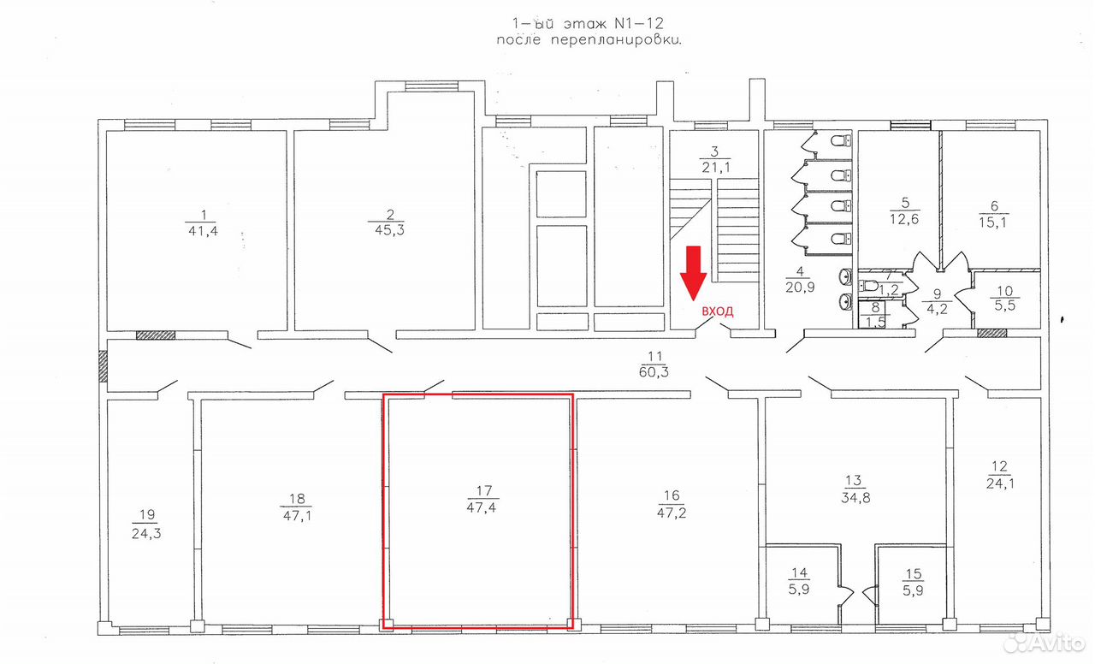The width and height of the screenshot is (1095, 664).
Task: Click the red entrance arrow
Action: [x=693, y=272]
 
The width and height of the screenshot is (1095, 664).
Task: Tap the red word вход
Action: [x=718, y=311]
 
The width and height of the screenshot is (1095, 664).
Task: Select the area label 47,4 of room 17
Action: [x=481, y=507]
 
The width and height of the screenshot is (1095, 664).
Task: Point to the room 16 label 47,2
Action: [x=672, y=513]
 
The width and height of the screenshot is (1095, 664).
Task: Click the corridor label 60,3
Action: [x=654, y=372]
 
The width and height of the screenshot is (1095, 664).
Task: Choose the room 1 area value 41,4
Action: [x=203, y=231]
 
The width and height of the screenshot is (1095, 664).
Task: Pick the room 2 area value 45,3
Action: [x=389, y=230]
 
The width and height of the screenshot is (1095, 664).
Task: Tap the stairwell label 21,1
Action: [x=716, y=168]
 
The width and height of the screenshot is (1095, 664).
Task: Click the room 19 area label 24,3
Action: [x=146, y=533]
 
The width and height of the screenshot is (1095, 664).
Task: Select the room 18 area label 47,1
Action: [x=297, y=515]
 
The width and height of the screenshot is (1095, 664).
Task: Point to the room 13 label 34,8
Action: [x=855, y=498]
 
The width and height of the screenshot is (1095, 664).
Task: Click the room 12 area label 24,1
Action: [x=1000, y=484]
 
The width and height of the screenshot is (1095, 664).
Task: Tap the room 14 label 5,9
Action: [x=799, y=590]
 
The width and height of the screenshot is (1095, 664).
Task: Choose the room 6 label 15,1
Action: [x=992, y=222]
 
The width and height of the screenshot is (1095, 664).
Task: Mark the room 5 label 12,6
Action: [x=904, y=219]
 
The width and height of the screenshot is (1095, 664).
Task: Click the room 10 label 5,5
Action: [x=1004, y=306]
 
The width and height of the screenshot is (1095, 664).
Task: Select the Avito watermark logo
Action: [x=1044, y=643]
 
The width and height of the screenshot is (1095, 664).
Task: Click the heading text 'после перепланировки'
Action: [x=589, y=40]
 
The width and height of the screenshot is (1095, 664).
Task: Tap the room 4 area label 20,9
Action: [x=800, y=287]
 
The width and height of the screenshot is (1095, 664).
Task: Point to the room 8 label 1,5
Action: [x=875, y=323]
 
